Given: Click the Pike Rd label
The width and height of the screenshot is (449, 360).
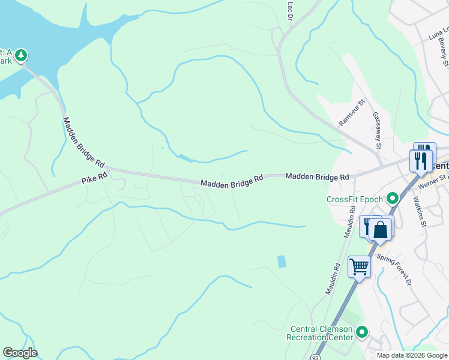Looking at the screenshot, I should coord(95,178).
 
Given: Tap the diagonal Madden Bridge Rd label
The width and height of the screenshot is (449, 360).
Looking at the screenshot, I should coord(84,142).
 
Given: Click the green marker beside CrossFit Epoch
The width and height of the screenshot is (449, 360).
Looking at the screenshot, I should coord(393,197).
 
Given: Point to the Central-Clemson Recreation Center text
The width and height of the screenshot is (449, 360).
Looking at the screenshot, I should coord(321,333).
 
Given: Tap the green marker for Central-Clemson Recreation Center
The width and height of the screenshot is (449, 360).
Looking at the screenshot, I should coord(361,332).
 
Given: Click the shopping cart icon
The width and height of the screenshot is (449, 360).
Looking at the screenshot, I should coord(359,266).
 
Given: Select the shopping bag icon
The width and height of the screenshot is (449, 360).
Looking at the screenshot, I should coord(381,229).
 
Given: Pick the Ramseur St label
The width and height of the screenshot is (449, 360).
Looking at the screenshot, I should coord(352,113).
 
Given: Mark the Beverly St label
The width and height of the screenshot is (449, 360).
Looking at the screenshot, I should coord(445,55).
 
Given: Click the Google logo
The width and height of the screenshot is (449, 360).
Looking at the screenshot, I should coord(20,353).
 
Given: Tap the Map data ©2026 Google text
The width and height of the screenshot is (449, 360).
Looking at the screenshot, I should coord(411,355).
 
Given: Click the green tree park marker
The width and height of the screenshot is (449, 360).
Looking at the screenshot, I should coord(21,56).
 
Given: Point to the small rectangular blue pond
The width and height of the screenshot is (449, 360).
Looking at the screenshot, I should coord(281,262).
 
